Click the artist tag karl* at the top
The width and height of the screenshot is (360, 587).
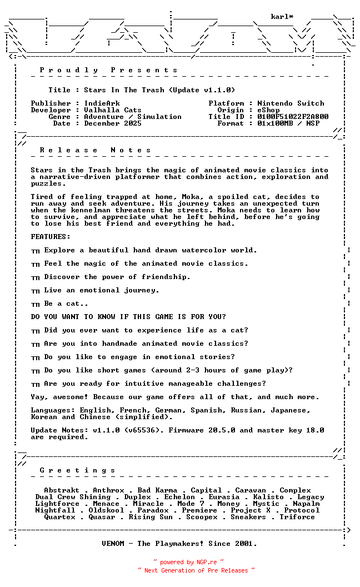pyautogui.click(x=282, y=17)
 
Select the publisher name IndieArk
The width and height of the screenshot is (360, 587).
pyautogui.click(x=102, y=103)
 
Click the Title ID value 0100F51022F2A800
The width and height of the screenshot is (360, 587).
pyautogui.click(x=293, y=117)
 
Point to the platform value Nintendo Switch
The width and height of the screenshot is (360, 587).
pyautogui.click(x=291, y=103)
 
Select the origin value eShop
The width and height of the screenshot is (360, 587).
pyautogui.click(x=268, y=110)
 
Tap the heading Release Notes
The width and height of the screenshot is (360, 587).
pyautogui.click(x=95, y=150)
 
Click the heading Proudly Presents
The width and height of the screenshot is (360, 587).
pyautogui.click(x=108, y=70)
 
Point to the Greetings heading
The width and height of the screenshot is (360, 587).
pyautogui.click(x=77, y=470)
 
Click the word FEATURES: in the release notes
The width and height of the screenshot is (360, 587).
pyautogui.click(x=51, y=237)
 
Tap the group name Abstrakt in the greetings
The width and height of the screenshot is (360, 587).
pyautogui.click(x=62, y=490)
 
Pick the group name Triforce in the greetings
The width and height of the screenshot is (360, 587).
pyautogui.click(x=297, y=517)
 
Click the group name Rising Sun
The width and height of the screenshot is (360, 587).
pyautogui.click(x=151, y=517)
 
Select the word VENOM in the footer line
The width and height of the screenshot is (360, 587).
pyautogui.click(x=115, y=544)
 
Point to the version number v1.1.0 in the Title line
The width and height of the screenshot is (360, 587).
pyautogui.click(x=219, y=90)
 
